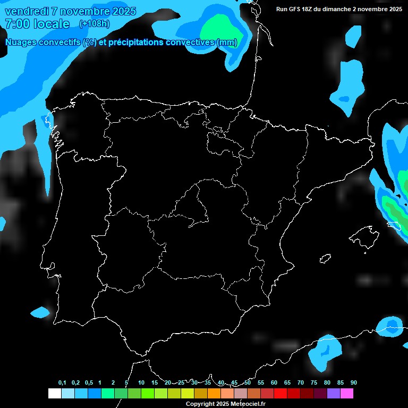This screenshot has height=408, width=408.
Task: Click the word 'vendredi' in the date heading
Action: (x=27, y=12)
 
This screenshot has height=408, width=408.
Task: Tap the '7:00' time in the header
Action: (x=16, y=24)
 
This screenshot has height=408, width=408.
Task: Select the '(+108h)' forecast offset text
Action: (x=94, y=24)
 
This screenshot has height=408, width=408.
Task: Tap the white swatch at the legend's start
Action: (x=54, y=394)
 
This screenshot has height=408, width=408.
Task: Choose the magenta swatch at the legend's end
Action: (x=347, y=394)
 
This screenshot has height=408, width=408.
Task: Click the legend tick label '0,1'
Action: (x=62, y=382)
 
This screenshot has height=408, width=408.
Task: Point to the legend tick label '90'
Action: (x=354, y=382)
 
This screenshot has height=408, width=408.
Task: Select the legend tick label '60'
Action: (x=274, y=382)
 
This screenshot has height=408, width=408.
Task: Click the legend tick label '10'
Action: (x=141, y=382)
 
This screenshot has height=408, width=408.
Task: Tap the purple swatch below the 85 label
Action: (x=334, y=394)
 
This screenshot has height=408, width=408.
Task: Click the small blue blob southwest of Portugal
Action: (x=39, y=312)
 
